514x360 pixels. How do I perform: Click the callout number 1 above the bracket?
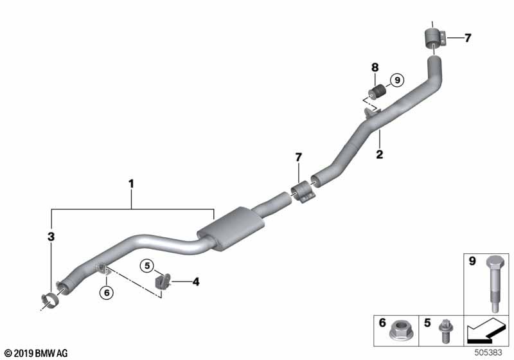click(x=131, y=184)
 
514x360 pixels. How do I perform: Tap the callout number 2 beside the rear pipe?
click(x=380, y=154)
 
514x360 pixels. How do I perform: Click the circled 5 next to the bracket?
click(x=147, y=265)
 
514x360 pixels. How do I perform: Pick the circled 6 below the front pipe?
click(x=107, y=292)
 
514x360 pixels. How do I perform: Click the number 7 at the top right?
click(x=467, y=38)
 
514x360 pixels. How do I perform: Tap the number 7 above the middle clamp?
click(x=298, y=157)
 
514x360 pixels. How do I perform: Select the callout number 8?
click(x=375, y=67)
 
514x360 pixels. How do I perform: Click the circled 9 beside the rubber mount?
click(x=397, y=80)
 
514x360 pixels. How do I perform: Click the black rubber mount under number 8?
click(x=377, y=92)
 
